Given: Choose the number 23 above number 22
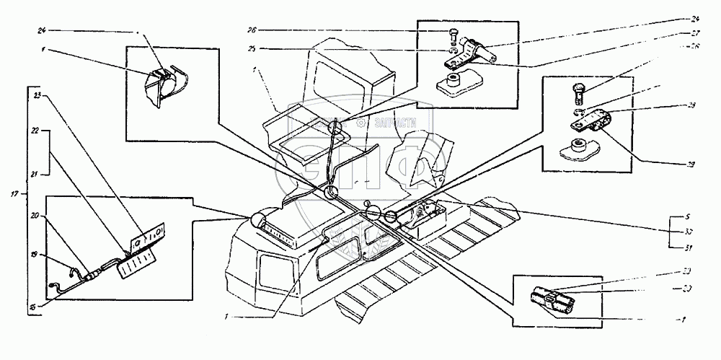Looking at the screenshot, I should tap(36, 94).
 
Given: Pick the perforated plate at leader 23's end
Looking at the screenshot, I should tap(150, 234).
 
